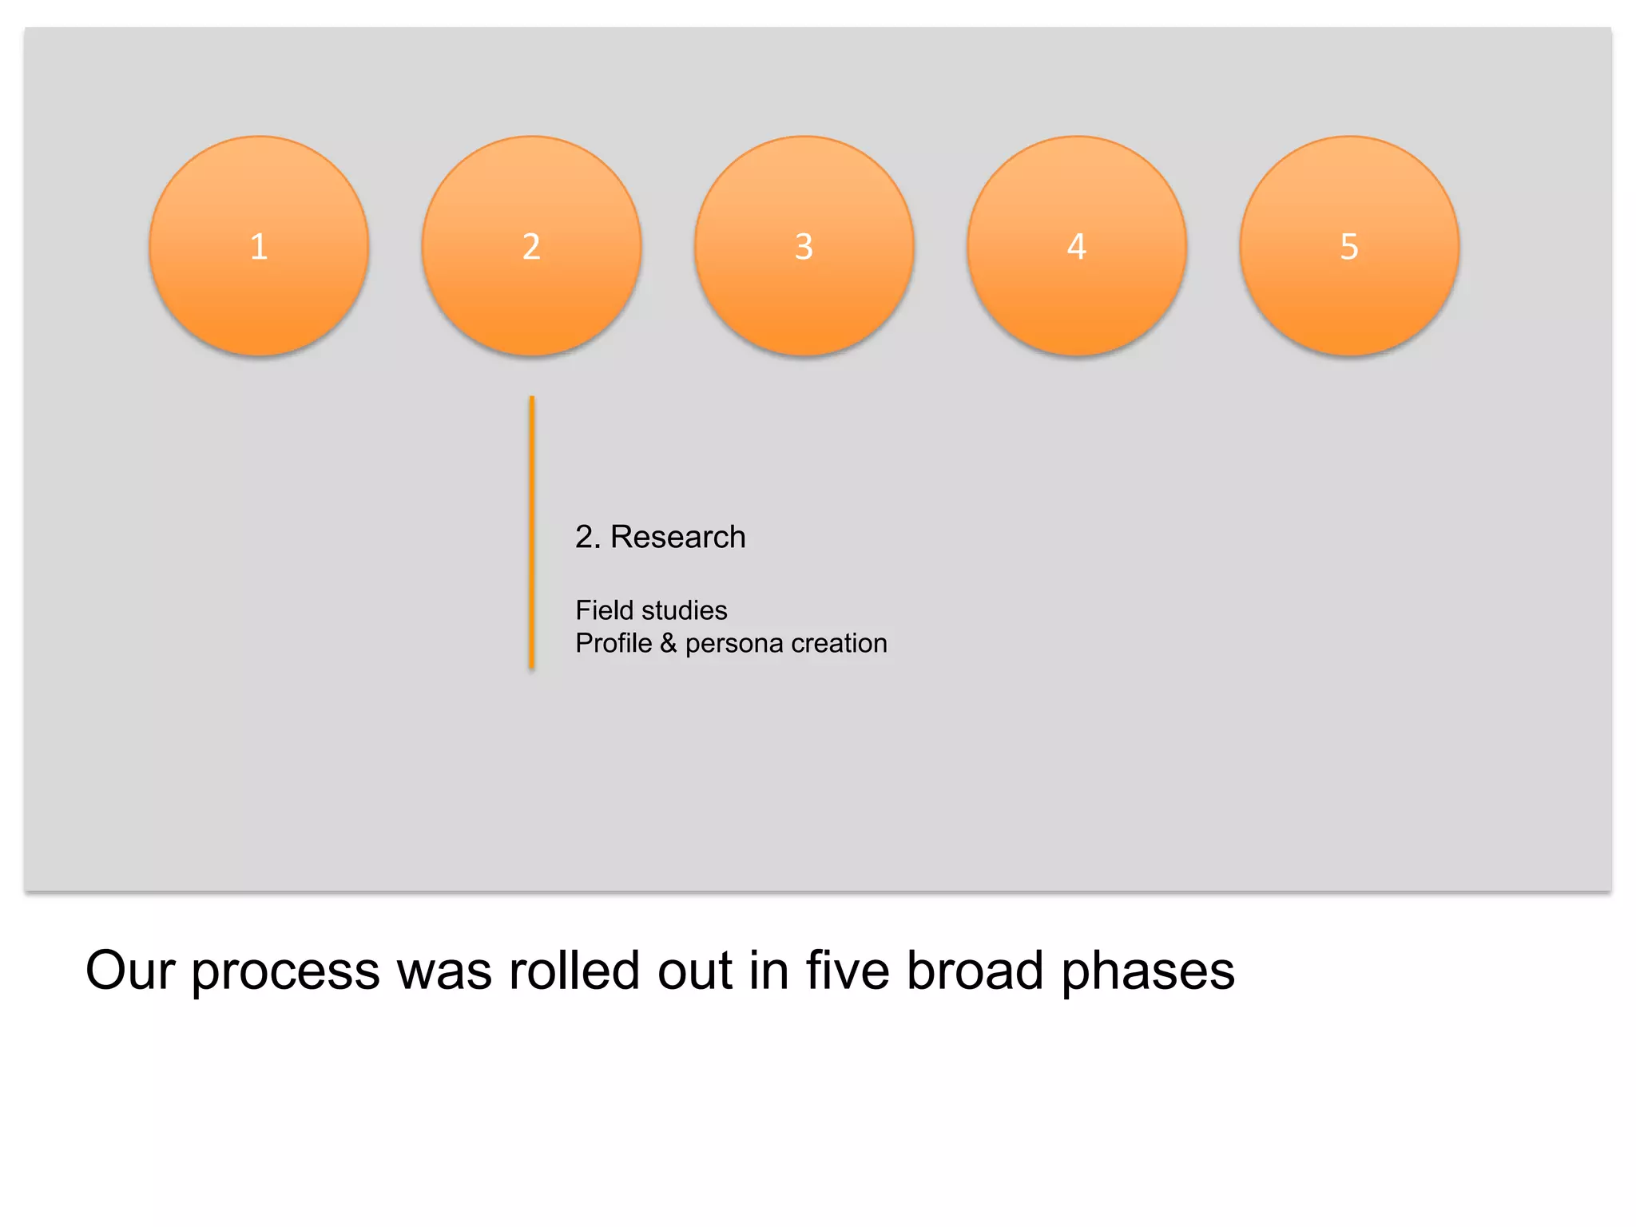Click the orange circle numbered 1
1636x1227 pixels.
point(259,246)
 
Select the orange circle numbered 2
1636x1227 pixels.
point(531,246)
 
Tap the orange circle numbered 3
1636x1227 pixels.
point(804,246)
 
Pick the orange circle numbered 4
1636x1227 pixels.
point(1077,246)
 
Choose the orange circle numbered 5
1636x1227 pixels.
point(1349,246)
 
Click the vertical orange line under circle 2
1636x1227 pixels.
point(531,531)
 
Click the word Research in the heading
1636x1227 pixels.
point(677,537)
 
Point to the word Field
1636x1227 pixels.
point(604,610)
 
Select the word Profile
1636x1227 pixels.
point(613,643)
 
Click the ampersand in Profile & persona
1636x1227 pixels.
point(669,643)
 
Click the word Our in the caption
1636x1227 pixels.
point(130,971)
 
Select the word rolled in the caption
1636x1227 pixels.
point(574,971)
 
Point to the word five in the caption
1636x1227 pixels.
point(847,971)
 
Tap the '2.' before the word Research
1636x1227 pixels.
point(587,537)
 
